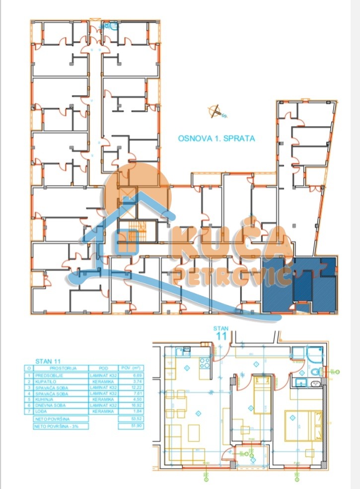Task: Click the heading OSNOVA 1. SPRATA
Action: tap(216, 139)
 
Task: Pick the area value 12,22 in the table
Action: tap(130, 387)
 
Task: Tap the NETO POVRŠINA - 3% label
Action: tap(56, 426)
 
